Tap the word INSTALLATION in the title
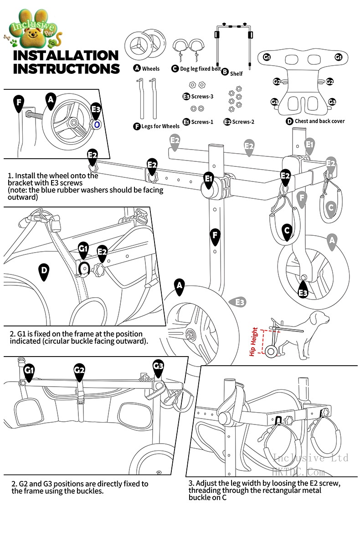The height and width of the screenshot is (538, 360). [x=66, y=56]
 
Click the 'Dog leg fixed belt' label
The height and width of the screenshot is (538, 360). [x=200, y=68]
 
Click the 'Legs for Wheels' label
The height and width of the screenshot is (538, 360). [x=160, y=126]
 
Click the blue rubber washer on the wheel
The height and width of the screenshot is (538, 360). [x=97, y=124]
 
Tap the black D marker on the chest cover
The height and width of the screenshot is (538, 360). [x=44, y=271]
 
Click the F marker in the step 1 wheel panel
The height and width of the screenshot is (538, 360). [x=18, y=102]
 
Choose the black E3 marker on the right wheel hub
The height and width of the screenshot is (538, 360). [x=303, y=292]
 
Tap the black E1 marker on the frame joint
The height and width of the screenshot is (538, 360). [x=209, y=179]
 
